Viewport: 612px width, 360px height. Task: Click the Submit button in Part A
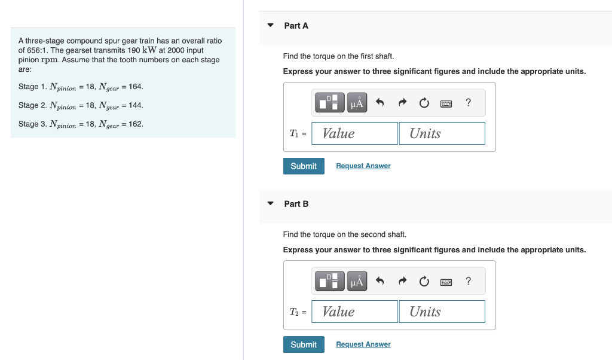(x=304, y=166)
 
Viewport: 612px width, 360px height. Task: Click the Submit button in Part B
(x=304, y=344)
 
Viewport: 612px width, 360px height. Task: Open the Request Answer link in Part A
(x=363, y=166)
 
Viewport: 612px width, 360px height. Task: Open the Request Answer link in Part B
(x=363, y=344)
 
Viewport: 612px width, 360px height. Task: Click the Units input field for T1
(x=442, y=133)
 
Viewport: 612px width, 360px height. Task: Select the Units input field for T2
(x=442, y=312)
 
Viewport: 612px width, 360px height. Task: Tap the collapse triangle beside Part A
(x=270, y=26)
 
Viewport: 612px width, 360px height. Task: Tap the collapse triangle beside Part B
(x=270, y=204)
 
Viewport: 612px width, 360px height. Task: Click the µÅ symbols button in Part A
(x=357, y=103)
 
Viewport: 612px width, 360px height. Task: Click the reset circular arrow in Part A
(x=424, y=103)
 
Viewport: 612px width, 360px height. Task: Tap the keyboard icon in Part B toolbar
(x=446, y=281)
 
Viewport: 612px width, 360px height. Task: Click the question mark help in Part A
(x=468, y=103)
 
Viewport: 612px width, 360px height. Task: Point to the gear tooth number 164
(x=136, y=87)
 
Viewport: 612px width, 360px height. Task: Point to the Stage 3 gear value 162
(x=136, y=124)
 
